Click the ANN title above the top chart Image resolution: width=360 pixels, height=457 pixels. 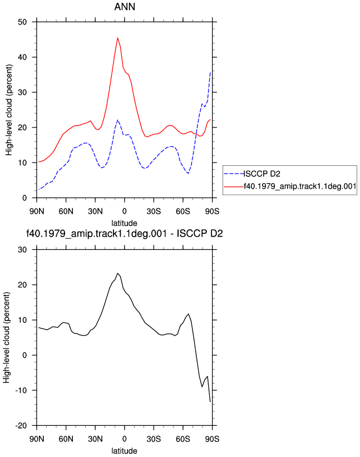125,7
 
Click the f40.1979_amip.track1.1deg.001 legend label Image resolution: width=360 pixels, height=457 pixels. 300,186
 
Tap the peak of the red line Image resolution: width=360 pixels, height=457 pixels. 117,38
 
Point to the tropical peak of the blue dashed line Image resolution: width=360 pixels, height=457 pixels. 117,120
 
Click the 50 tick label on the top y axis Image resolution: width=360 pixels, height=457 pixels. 22,22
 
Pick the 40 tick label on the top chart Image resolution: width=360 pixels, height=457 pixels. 22,57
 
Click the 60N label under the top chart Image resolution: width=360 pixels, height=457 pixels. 66,211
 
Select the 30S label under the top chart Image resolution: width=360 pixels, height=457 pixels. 154,211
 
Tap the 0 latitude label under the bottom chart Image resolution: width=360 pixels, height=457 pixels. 125,439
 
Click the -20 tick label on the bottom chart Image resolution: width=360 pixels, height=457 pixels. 21,425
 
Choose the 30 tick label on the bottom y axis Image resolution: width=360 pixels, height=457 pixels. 22,249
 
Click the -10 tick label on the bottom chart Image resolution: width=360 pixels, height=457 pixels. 21,390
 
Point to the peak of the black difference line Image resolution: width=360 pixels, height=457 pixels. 117,273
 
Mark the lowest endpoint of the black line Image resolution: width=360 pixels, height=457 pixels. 210,402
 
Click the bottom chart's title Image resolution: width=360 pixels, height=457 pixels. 125,233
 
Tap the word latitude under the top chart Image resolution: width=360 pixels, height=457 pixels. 125,223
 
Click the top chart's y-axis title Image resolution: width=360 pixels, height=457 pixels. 9,110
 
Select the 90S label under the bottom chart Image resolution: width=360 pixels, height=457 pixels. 213,439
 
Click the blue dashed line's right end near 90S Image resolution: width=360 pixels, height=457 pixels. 210,72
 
